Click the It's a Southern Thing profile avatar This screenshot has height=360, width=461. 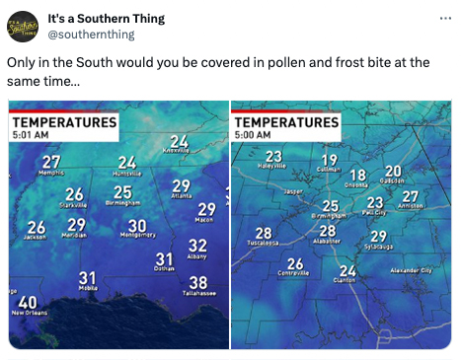pyautogui.click(x=23, y=27)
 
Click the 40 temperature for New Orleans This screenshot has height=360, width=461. pyautogui.click(x=28, y=301)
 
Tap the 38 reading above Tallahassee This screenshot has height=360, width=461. pyautogui.click(x=197, y=282)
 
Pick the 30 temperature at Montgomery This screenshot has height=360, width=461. pyautogui.click(x=137, y=226)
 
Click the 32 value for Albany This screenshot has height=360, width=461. pyautogui.click(x=197, y=245)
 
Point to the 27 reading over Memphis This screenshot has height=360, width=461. pyautogui.click(x=51, y=161)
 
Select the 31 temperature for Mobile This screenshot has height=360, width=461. pyautogui.click(x=88, y=278)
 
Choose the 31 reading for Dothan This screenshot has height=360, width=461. pyautogui.click(x=165, y=258)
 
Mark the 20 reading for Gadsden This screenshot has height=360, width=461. pyautogui.click(x=393, y=171)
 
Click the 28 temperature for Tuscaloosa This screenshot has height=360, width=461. pyautogui.click(x=264, y=232)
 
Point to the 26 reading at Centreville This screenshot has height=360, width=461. pyautogui.click(x=294, y=263)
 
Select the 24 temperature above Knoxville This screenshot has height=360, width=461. pyautogui.click(x=179, y=141)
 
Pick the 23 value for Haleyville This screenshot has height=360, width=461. pyautogui.click(x=273, y=156)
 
